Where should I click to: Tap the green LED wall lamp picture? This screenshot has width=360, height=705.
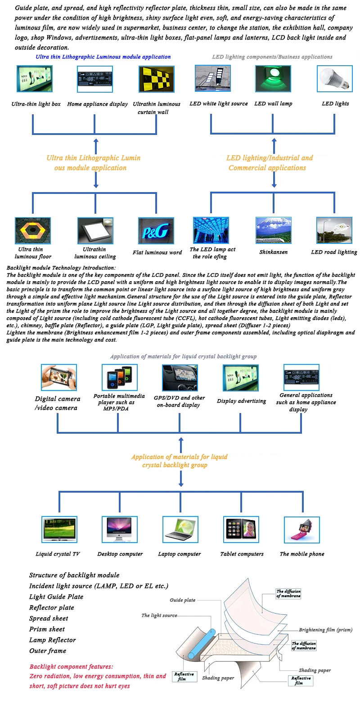click(x=273, y=79)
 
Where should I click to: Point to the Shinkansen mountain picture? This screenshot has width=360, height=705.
click(x=273, y=231)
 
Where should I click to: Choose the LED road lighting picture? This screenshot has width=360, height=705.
click(x=334, y=231)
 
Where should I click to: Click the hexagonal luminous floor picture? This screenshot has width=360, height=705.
click(x=33, y=231)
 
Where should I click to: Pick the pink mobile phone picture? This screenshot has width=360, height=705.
click(x=301, y=530)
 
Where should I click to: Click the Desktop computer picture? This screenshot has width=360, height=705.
click(x=120, y=530)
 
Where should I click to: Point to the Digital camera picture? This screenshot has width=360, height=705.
click(x=58, y=377)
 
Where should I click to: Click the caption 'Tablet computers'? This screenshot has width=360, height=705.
click(x=242, y=554)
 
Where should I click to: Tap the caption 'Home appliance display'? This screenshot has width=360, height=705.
click(x=97, y=104)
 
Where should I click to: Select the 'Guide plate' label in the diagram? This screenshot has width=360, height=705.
click(x=183, y=600)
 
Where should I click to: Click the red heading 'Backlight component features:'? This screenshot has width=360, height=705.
click(x=71, y=666)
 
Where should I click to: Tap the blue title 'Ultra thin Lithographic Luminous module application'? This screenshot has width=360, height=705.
click(x=103, y=57)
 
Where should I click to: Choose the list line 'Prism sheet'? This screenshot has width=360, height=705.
click(x=47, y=629)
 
